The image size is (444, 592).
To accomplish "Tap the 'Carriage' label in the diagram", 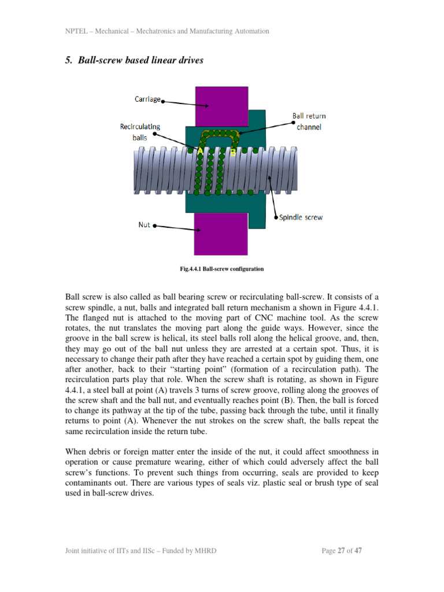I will tap(147, 99).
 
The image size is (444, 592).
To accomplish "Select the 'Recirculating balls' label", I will tap(140, 132).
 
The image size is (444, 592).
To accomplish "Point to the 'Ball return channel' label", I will tap(308, 121).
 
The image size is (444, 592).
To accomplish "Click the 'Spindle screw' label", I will tap(301, 217).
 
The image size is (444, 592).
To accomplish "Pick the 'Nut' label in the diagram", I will tap(144, 225).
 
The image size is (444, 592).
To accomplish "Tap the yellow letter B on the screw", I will tap(233, 153).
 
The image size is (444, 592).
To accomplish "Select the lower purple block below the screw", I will tap(222, 231).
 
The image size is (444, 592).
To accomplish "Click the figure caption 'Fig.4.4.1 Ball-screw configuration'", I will tap(222, 269).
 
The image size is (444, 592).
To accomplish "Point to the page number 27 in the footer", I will tap(341, 550).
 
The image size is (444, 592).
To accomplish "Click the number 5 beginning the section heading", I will tap(66, 60).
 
